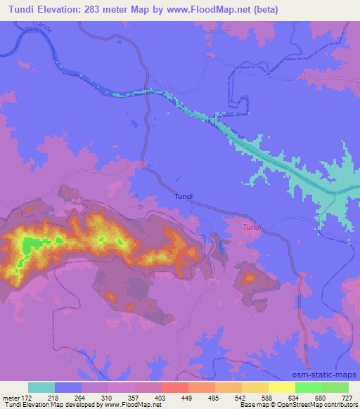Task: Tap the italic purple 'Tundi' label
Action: [251, 227]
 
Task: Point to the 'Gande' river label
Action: [41, 27]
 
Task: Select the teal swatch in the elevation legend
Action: [41, 387]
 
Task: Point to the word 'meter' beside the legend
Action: [10, 398]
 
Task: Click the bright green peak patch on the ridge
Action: [30, 246]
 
